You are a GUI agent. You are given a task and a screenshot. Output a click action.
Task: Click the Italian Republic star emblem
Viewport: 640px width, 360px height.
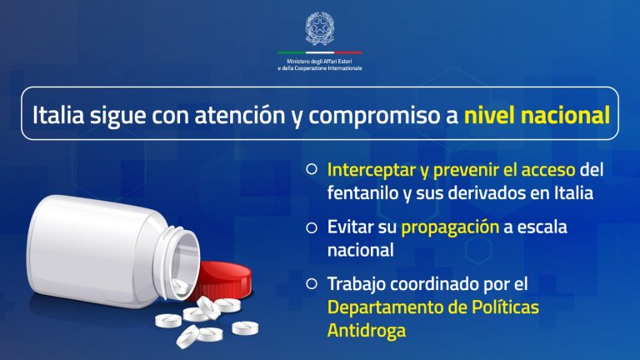point(319,29)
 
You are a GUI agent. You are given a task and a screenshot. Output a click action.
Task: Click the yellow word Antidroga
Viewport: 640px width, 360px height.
point(367,330)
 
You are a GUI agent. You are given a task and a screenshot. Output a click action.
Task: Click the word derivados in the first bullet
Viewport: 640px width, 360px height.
point(482,192)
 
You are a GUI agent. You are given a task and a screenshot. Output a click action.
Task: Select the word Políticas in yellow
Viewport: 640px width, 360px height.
point(500,307)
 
